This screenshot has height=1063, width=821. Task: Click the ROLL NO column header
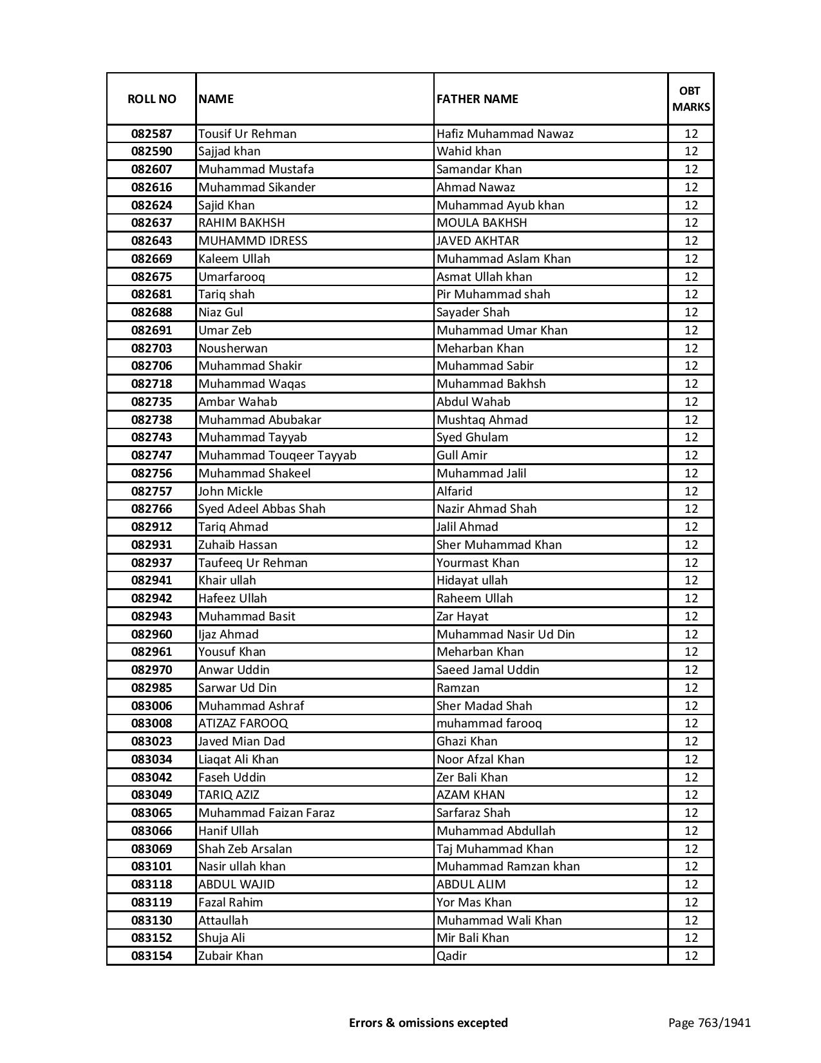click(x=151, y=99)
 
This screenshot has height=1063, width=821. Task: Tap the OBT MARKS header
click(x=691, y=99)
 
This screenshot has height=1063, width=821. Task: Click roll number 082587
click(x=151, y=134)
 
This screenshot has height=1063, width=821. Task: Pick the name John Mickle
click(x=231, y=492)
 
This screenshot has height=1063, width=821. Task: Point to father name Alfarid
click(x=455, y=492)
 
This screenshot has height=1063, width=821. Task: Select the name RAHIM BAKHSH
click(x=241, y=223)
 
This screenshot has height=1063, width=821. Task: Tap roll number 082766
click(x=151, y=509)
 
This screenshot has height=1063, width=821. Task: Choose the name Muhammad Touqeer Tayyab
click(x=278, y=455)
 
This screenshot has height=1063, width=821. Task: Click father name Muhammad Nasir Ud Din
click(x=505, y=635)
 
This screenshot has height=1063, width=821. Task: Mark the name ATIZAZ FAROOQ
click(x=243, y=723)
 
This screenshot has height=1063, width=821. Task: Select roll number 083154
click(x=151, y=956)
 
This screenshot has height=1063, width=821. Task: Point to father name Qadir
click(x=451, y=956)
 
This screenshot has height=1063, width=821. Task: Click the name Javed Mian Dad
click(x=241, y=742)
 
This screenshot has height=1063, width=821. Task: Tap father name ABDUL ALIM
click(x=471, y=885)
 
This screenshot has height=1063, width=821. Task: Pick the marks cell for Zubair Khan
click(x=691, y=956)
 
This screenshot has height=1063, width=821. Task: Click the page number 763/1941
click(x=710, y=1022)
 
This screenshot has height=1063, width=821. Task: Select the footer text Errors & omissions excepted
click(x=428, y=1022)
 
